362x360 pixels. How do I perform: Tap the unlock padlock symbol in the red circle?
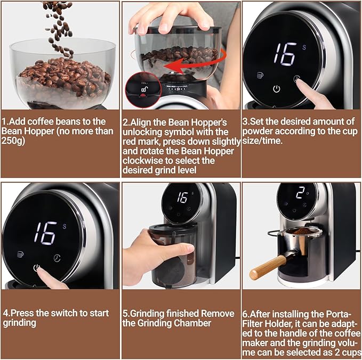click(x=144, y=89)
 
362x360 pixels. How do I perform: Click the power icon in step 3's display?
click(x=277, y=89)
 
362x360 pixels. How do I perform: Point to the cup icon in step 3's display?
click(x=260, y=75)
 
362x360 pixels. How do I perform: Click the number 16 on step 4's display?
click(x=46, y=233)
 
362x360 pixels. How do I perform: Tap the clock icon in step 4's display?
click(x=57, y=258)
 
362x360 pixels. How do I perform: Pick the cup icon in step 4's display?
click(x=21, y=254)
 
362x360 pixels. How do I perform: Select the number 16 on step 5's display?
click(x=182, y=198)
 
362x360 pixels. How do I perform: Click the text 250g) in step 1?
click(x=13, y=141)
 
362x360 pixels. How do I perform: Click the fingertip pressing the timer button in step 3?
click(x=299, y=81)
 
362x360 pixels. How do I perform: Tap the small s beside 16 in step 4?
click(x=65, y=226)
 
